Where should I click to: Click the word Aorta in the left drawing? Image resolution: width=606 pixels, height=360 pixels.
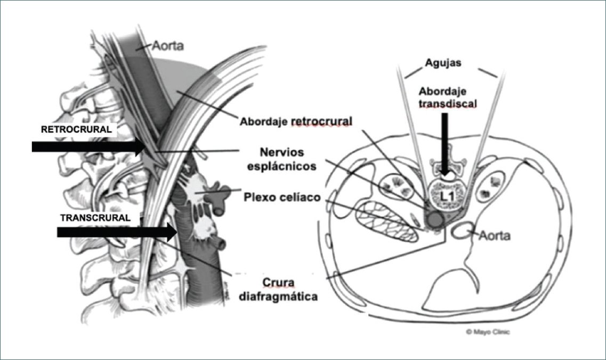click(x=168, y=46)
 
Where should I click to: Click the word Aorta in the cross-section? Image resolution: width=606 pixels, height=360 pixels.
click(x=494, y=235)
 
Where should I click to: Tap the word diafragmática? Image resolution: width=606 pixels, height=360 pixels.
click(x=282, y=296)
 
